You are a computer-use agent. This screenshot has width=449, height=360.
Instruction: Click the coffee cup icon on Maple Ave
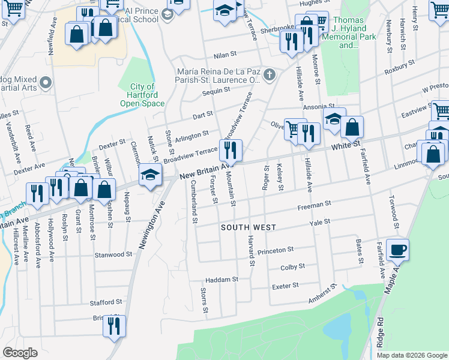pyautogui.click(x=397, y=250)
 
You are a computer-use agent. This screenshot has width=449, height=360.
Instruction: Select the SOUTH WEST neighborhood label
pyautogui.click(x=248, y=227)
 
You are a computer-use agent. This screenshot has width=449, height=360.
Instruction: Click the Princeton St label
pyautogui.click(x=275, y=250)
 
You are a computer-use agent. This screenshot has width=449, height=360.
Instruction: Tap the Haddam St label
pyautogui.click(x=221, y=279)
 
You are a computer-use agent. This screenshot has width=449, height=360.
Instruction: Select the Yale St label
pyautogui.click(x=319, y=221)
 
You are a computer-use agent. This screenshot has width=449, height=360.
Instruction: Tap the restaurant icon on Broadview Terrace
pyautogui.click(x=232, y=149)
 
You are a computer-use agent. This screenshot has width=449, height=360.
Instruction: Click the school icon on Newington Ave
pyautogui.click(x=149, y=175)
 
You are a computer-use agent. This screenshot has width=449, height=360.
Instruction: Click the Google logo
pyautogui.click(x=20, y=353)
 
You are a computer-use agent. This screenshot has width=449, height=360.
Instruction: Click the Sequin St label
pyautogui.click(x=217, y=90)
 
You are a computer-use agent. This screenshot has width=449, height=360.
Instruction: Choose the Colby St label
pyautogui.click(x=293, y=266)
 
